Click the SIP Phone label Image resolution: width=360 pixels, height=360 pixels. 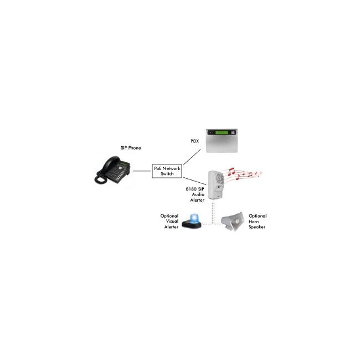tap(131, 148)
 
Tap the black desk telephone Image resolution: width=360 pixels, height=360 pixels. tap(113, 170)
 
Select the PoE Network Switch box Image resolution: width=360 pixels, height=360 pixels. tap(167, 171)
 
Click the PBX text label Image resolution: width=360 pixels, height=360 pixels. tap(195, 141)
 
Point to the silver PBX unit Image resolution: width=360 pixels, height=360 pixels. tap(222, 141)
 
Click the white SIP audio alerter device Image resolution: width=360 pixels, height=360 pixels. tap(215, 185)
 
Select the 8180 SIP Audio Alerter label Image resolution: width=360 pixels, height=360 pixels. tap(195, 194)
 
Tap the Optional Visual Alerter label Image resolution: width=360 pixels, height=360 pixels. tap(169, 222)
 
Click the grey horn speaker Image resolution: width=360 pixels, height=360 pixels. tap(233, 222)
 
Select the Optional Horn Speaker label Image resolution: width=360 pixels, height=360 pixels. tap(258, 222)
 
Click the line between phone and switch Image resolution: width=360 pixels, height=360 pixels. tap(142, 171)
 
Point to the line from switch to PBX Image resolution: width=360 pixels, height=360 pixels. tap(192, 157)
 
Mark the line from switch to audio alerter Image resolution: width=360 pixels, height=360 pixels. tap(195, 181)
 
